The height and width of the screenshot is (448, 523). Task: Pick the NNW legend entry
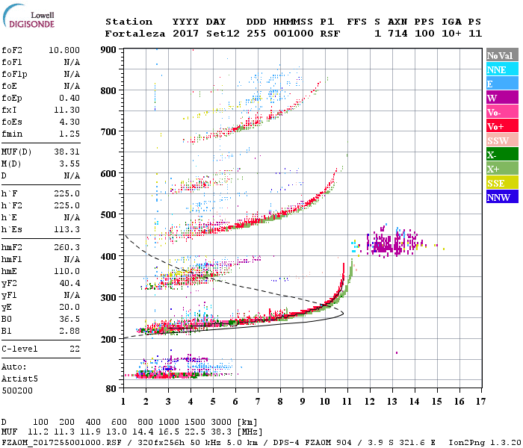click(x=498, y=197)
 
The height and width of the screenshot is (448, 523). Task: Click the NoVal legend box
click(x=498, y=55)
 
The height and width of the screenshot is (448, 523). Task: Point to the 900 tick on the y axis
click(x=109, y=49)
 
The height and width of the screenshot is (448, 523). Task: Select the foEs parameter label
click(x=11, y=122)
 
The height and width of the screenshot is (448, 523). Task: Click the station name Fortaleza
click(x=134, y=34)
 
